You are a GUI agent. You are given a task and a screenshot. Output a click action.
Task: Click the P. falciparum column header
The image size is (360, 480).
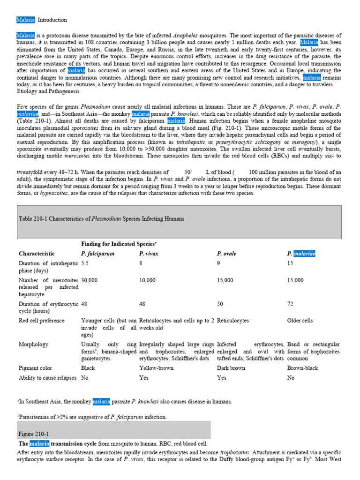[x=97, y=254]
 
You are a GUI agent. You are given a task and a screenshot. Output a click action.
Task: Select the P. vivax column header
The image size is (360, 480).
[x=149, y=254]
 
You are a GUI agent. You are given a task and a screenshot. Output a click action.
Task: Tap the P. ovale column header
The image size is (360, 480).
[x=226, y=254]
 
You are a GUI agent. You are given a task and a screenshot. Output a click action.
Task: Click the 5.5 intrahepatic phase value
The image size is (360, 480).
[x=85, y=264]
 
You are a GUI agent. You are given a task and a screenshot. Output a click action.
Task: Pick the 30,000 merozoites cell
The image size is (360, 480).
[x=89, y=280]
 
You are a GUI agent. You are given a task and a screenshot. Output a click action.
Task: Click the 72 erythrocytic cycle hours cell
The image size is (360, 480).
[x=290, y=304]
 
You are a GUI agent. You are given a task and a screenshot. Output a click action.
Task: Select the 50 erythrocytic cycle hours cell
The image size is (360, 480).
[x=220, y=304]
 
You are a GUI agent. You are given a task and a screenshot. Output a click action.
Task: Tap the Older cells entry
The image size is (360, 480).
[x=300, y=321]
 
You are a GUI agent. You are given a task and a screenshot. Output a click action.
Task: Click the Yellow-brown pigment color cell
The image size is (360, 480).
[x=156, y=368]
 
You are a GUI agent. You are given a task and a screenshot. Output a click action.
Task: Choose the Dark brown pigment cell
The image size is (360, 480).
[x=231, y=368]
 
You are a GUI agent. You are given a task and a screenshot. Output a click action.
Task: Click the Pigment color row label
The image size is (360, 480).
[x=35, y=368]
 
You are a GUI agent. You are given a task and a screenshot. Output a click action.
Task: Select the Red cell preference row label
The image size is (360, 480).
[x=42, y=321]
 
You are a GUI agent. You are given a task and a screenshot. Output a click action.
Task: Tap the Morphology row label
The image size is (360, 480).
[x=33, y=344]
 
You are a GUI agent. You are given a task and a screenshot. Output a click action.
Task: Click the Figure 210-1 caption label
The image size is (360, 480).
[x=33, y=434]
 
